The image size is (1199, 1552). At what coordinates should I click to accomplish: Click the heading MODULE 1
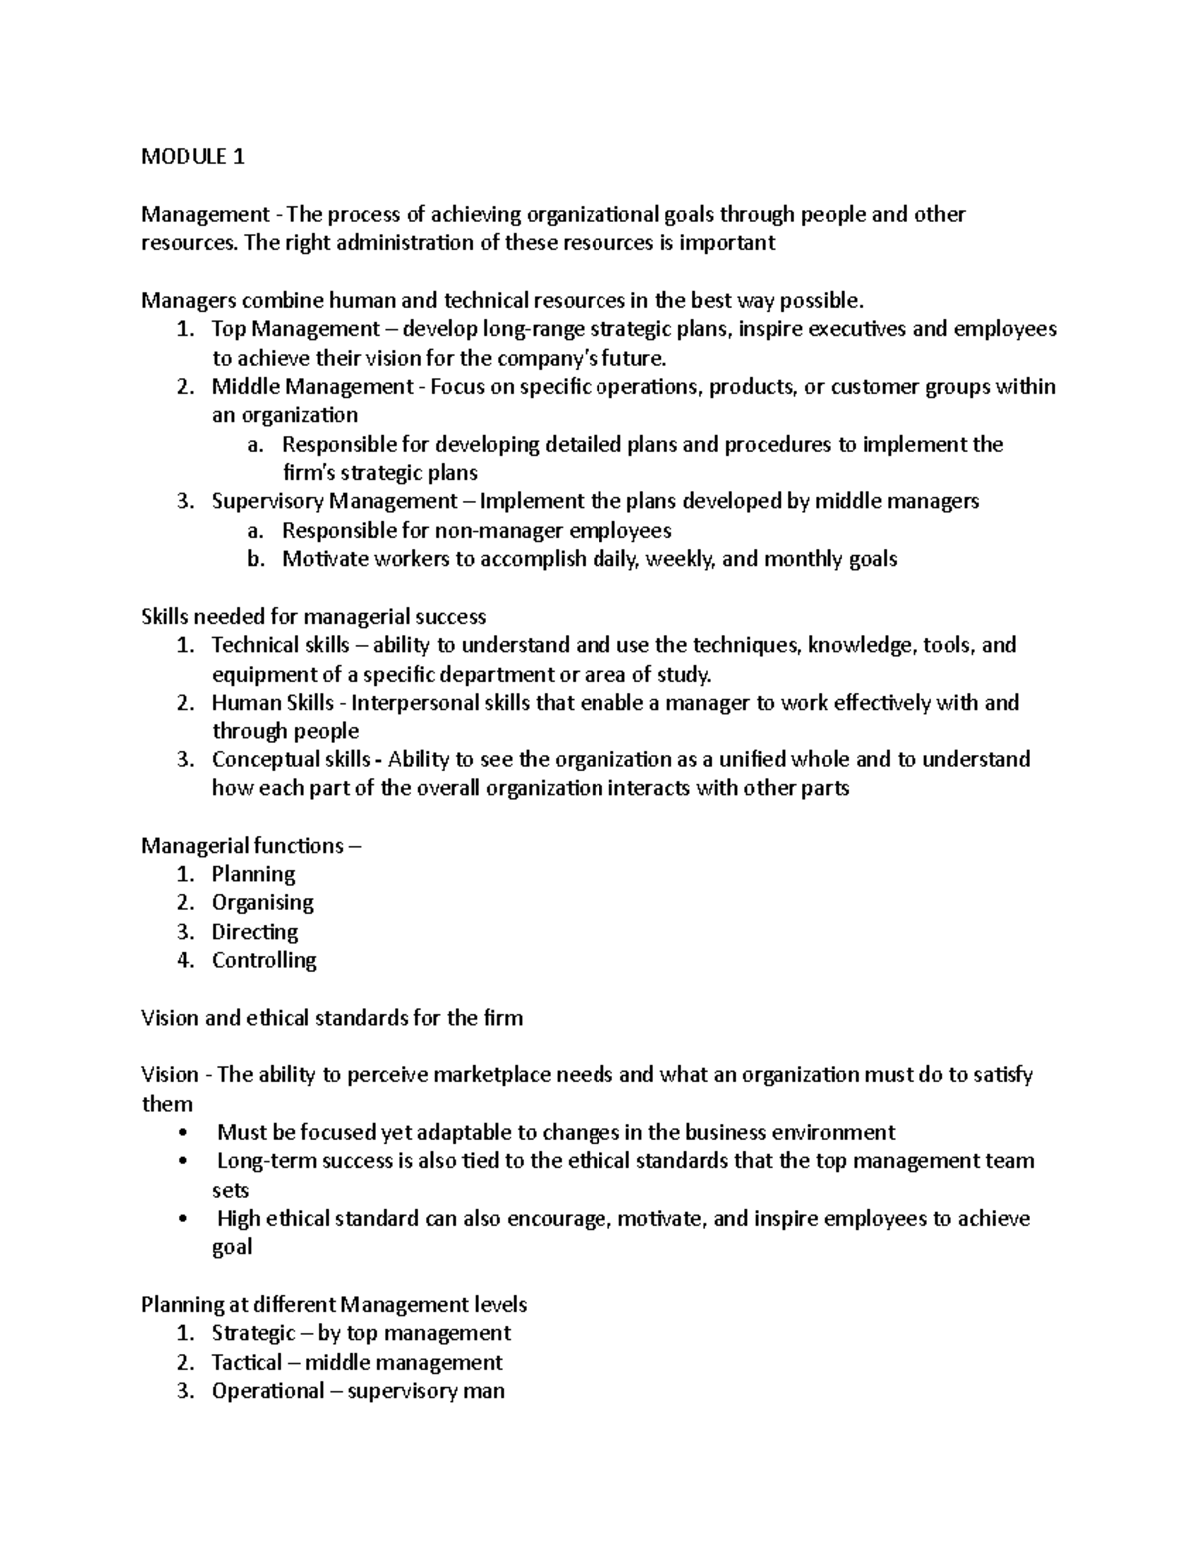click(192, 156)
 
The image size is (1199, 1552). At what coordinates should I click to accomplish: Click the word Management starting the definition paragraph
click(205, 214)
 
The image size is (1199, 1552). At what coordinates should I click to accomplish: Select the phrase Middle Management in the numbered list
click(312, 387)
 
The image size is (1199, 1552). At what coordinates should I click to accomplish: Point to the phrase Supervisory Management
click(334, 501)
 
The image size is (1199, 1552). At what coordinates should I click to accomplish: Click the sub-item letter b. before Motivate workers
click(256, 559)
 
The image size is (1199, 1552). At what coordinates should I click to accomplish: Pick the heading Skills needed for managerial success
click(313, 617)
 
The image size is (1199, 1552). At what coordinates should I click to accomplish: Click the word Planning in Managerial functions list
click(253, 874)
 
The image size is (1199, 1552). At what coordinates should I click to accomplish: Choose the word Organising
click(262, 903)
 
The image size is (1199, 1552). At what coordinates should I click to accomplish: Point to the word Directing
click(254, 932)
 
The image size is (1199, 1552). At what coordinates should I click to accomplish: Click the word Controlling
click(264, 960)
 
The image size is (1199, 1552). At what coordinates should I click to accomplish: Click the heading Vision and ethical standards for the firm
click(332, 1018)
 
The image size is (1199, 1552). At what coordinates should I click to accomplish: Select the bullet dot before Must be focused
click(180, 1133)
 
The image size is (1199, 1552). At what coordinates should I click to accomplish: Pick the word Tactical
click(246, 1362)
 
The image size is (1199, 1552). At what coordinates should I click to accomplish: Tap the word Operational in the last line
click(267, 1391)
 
